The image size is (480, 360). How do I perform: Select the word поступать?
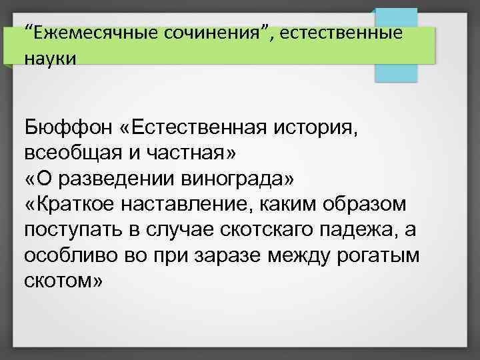(69, 231)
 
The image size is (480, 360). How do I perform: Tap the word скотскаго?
(250, 231)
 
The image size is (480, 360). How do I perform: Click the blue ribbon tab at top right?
(395, 47)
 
